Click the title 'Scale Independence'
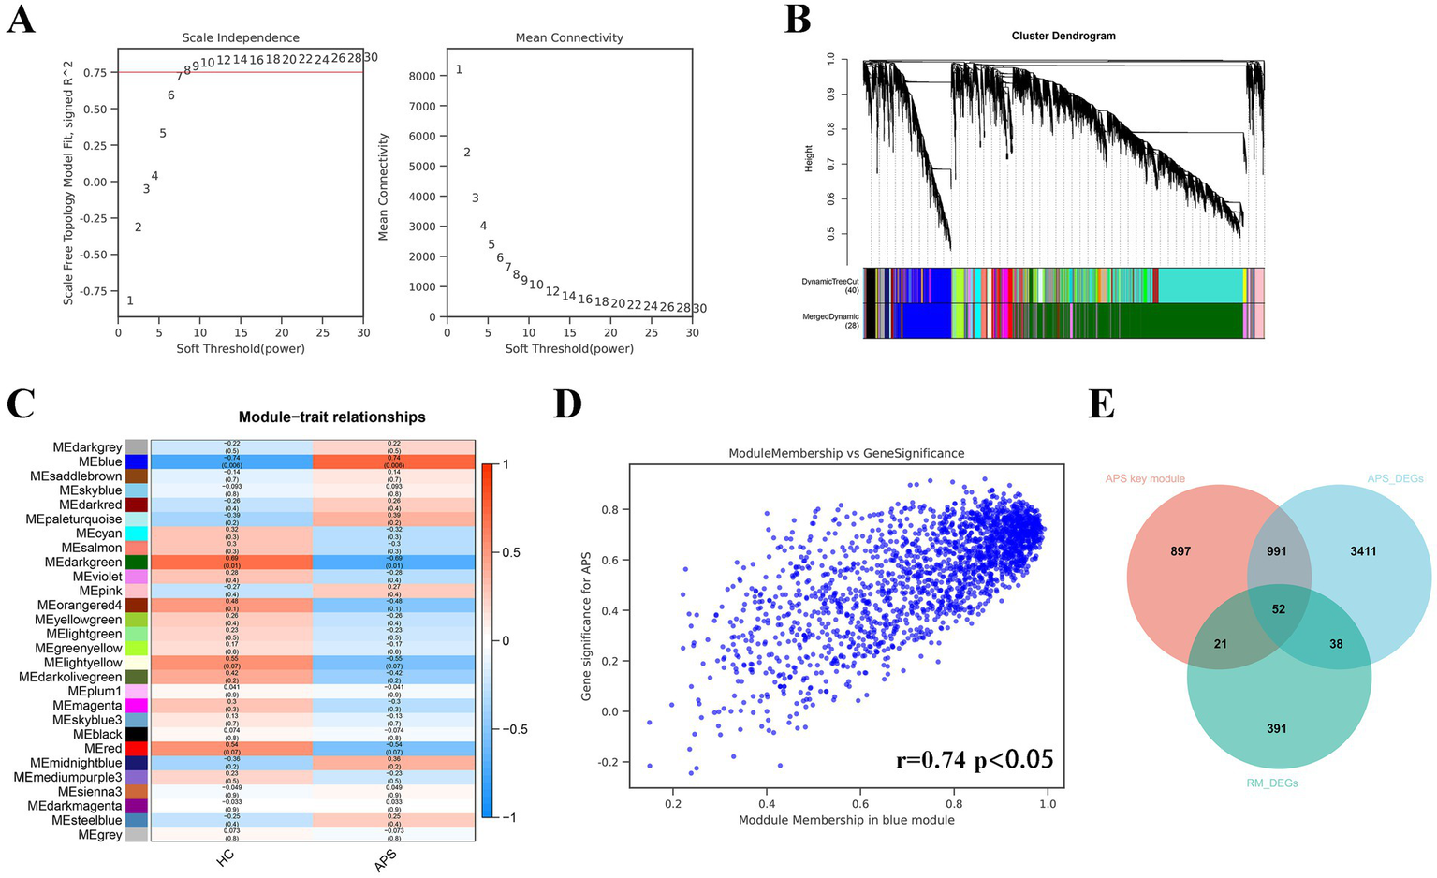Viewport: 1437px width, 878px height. click(241, 37)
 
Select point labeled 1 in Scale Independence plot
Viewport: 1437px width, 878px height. click(130, 300)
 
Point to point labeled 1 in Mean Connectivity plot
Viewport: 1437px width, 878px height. click(459, 69)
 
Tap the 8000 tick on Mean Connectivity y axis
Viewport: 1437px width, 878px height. click(423, 76)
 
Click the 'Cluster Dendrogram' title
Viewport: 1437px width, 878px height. click(1063, 36)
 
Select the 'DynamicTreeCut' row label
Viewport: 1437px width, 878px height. click(829, 281)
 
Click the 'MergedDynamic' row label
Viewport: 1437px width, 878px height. click(830, 317)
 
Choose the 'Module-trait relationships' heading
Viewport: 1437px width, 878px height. click(331, 417)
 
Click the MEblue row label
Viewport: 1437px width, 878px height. click(100, 462)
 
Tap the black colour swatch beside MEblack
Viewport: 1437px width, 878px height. click(137, 735)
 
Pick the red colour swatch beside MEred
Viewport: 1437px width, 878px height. click(137, 749)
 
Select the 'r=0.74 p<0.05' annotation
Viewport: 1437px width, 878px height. click(974, 759)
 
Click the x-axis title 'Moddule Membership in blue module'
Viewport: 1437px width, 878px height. click(846, 820)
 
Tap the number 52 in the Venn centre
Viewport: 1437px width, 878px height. click(1279, 609)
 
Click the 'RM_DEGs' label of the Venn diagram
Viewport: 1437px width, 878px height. click(1272, 783)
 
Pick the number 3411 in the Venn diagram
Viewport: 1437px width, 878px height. click(1363, 551)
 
